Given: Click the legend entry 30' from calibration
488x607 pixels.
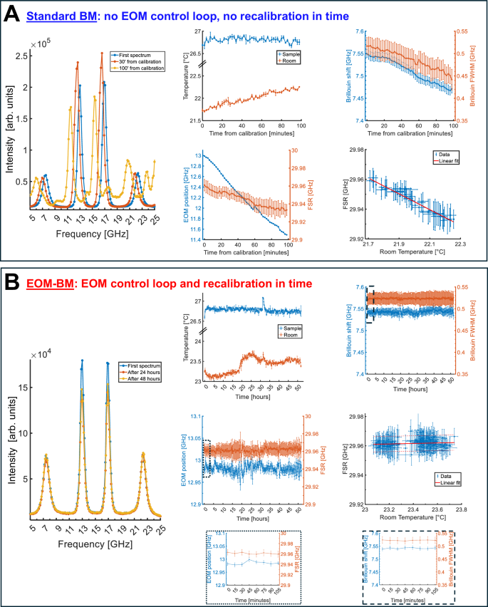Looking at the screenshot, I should point(142,62).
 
